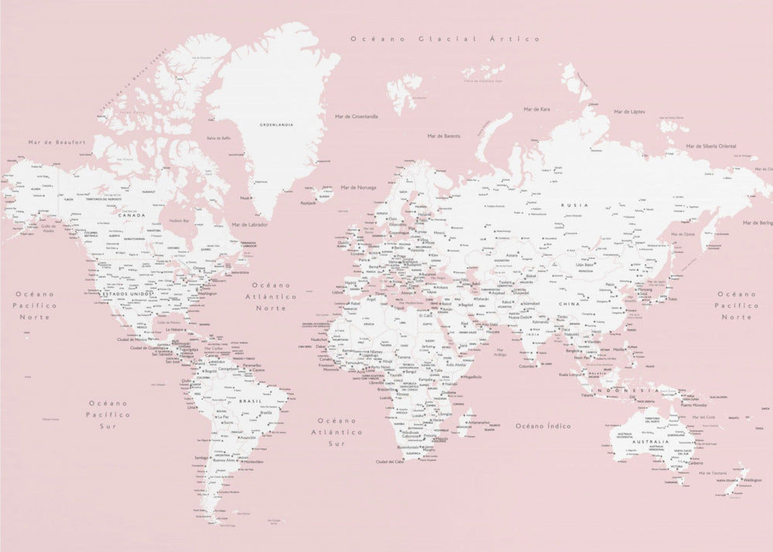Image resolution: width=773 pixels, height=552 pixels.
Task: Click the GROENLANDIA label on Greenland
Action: click(x=276, y=125)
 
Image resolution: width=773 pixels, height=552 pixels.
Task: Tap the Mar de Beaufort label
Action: click(x=57, y=142)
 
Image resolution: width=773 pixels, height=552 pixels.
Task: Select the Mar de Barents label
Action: click(x=444, y=136)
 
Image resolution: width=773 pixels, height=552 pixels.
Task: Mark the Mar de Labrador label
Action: click(x=250, y=225)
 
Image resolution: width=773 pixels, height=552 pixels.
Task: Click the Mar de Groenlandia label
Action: click(x=357, y=116)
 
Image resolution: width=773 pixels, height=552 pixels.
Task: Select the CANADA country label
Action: click(x=132, y=215)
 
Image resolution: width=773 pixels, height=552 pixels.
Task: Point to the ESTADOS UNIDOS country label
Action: click(x=127, y=294)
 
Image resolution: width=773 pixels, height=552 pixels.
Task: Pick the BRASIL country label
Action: click(x=250, y=401)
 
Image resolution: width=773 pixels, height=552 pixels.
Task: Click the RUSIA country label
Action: click(x=574, y=205)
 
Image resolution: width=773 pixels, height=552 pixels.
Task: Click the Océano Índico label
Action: click(x=543, y=426)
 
